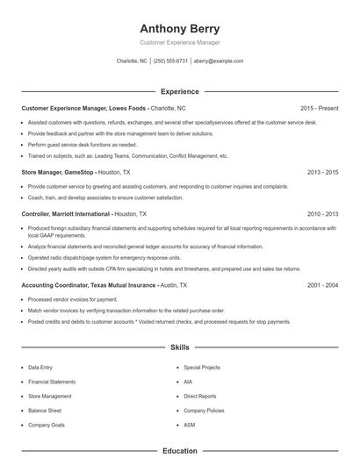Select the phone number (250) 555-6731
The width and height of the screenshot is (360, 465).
click(x=171, y=61)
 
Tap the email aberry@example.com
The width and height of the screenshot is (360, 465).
click(x=219, y=61)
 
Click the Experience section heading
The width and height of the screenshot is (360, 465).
click(x=179, y=91)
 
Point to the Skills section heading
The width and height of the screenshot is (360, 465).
click(x=179, y=347)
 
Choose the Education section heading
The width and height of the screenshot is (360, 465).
click(x=179, y=451)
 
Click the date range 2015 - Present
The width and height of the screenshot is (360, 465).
click(x=319, y=108)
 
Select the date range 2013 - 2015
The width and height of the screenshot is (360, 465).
click(x=322, y=173)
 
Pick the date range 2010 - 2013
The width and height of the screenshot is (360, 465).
click(x=322, y=213)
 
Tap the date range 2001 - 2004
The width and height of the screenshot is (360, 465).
click(x=322, y=285)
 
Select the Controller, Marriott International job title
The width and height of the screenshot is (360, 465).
click(x=66, y=213)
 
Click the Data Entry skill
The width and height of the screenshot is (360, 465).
click(x=40, y=368)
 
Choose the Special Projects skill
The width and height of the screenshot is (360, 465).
click(x=202, y=368)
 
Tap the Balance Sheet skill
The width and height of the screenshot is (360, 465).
click(x=45, y=411)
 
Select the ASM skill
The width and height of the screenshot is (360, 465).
click(x=190, y=425)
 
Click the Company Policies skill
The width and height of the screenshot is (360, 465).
click(x=204, y=411)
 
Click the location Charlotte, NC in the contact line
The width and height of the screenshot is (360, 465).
click(x=132, y=61)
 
